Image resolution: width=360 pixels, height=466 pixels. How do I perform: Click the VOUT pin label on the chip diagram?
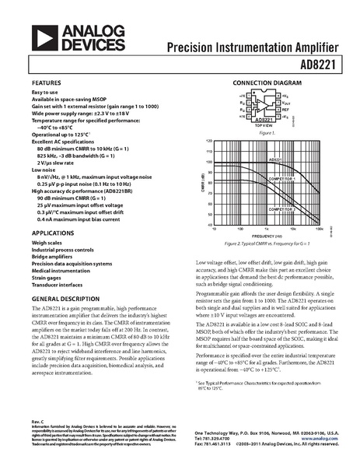point(284,103)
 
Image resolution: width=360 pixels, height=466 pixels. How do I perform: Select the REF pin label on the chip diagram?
point(283,110)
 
